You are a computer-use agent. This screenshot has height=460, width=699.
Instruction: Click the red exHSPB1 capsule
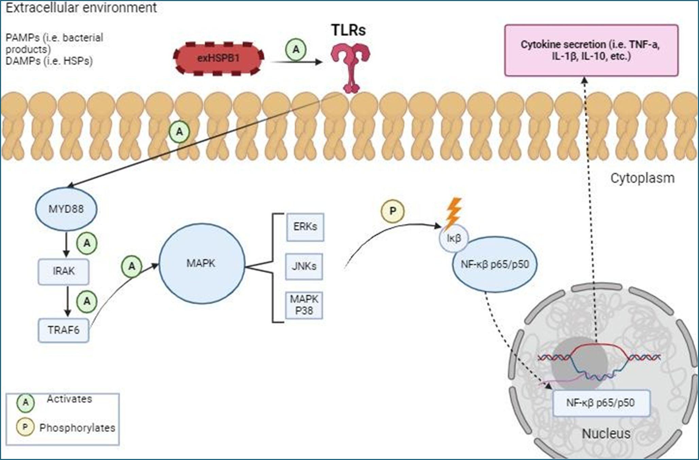tap(219, 58)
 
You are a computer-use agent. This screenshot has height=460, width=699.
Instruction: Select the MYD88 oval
tap(66, 209)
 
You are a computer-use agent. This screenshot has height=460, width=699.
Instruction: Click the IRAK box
tap(64, 272)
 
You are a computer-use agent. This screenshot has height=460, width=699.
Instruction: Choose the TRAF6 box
tap(64, 330)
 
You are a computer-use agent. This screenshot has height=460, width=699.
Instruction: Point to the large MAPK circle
tap(202, 263)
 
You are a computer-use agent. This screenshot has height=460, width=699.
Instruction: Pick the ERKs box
tap(305, 227)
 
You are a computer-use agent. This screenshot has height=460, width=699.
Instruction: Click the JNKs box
tap(304, 266)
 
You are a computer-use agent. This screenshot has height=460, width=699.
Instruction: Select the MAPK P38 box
tap(304, 305)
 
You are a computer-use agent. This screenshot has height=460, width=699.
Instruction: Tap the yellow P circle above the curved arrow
tap(393, 211)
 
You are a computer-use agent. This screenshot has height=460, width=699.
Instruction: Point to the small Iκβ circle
tap(454, 238)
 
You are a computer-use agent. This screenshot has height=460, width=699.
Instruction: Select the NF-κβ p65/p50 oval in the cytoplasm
tap(495, 265)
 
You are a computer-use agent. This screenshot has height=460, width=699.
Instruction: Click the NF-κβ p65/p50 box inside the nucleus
tap(601, 403)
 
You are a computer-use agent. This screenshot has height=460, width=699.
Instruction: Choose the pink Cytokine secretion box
tap(591, 50)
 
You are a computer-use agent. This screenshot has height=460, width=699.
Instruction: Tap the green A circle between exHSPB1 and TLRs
tap(296, 50)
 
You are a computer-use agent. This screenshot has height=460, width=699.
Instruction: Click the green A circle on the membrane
tap(179, 132)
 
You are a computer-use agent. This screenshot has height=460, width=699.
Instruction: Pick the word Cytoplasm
tap(642, 178)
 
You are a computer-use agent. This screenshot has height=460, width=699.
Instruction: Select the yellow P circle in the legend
tap(25, 427)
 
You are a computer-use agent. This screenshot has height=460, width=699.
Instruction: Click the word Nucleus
tap(606, 434)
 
